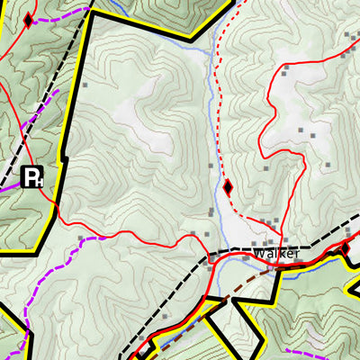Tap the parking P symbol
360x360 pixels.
(x=32, y=176)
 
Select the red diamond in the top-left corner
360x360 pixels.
(x=28, y=20)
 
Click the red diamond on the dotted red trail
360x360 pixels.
(x=228, y=187)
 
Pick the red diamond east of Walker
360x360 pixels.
(x=346, y=248)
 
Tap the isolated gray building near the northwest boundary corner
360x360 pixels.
(x=85, y=85)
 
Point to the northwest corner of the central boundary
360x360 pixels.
(x=90, y=13)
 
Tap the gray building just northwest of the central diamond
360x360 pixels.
(x=211, y=166)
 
